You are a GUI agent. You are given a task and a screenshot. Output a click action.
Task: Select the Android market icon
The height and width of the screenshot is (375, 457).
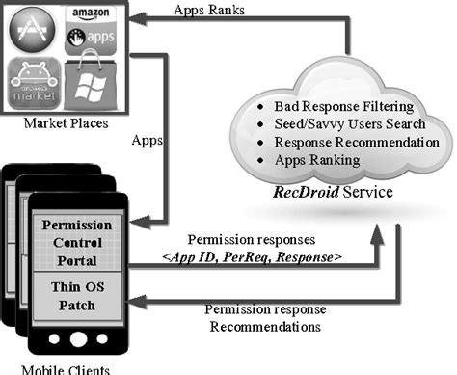click(x=33, y=85)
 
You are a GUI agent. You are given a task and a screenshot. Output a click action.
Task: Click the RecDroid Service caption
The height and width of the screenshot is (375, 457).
click(x=328, y=192)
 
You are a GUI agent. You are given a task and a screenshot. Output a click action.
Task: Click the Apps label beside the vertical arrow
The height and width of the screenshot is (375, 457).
click(x=145, y=139)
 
